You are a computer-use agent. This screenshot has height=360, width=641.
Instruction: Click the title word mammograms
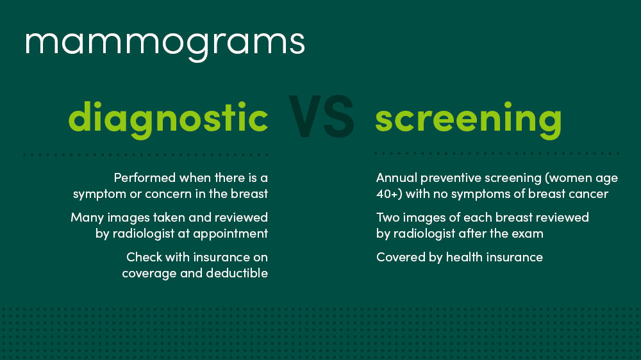click(x=165, y=42)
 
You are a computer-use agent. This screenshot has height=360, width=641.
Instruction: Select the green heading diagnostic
click(x=168, y=119)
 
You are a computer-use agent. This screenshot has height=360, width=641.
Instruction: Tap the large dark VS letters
click(x=321, y=117)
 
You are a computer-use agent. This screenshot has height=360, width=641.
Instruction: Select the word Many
click(x=85, y=217)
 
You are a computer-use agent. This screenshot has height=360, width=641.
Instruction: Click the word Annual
click(x=395, y=177)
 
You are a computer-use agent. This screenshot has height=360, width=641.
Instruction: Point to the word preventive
click(x=446, y=177)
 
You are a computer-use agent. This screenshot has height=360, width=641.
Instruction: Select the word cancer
click(x=588, y=193)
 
